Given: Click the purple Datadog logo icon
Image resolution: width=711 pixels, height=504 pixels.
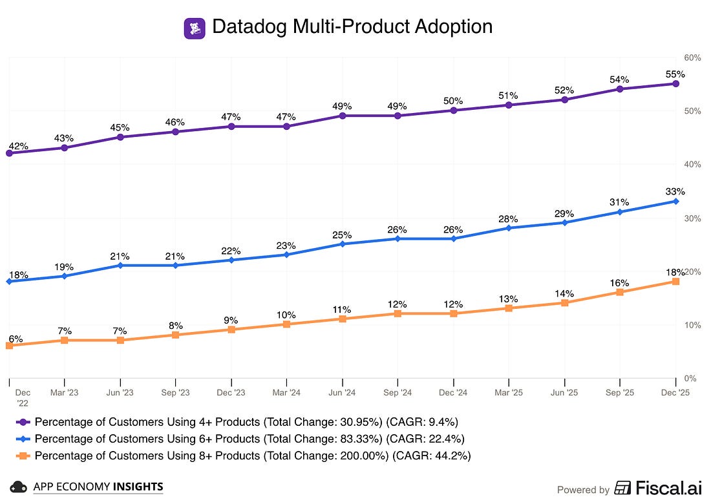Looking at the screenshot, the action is coord(195,28).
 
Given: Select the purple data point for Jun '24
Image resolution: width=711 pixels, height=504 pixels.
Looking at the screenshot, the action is coord(343,116).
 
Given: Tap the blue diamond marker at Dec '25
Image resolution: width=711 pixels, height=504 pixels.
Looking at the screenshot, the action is coord(675,201).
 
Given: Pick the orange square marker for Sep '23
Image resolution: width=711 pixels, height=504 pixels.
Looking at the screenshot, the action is coord(175,335).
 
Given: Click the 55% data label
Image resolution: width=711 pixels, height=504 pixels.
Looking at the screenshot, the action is coord(675,74).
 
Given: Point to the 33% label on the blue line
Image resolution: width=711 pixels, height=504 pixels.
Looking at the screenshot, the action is coord(675,192).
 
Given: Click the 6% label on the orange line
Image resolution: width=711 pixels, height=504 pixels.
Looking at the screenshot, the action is coord(16,339).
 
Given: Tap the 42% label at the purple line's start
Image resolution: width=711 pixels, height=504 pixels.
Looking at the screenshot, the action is coord(19,147).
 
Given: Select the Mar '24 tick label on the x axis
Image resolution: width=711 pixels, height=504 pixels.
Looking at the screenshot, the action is coord(286,392).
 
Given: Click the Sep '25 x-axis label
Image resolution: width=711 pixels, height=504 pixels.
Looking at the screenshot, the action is coord(620,392).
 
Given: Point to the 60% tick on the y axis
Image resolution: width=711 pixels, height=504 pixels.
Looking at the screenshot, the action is coord(692,58).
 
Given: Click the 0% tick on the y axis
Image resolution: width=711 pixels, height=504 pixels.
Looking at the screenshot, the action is coord(690,379).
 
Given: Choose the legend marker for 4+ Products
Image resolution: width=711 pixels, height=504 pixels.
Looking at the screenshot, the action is coord(23,423).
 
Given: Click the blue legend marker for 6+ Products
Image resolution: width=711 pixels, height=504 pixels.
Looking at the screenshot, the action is coord(23,439).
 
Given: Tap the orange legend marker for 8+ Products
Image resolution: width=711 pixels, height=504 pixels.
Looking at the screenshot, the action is coord(23,456).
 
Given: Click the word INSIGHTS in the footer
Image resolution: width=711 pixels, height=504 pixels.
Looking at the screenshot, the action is coord(138,487).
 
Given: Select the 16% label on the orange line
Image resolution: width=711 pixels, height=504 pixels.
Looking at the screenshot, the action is coord(619,283).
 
